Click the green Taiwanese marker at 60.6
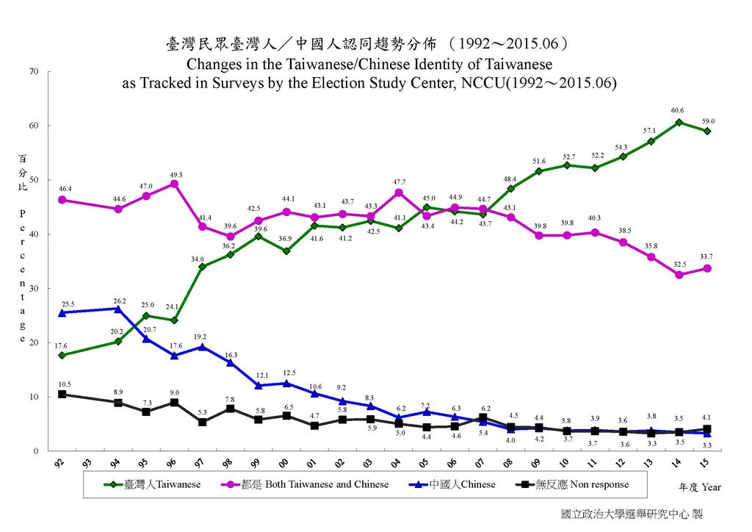tap(679, 122)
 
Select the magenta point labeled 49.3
tap(174, 184)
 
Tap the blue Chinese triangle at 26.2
tap(118, 309)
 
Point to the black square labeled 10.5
tap(62, 394)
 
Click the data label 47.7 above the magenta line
tap(398, 181)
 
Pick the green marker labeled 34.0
tap(202, 266)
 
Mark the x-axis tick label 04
tap(397, 464)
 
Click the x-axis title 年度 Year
tap(701, 487)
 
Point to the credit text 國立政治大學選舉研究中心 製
tap(631, 514)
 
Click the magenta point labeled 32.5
tap(679, 275)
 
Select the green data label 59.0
tap(708, 121)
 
